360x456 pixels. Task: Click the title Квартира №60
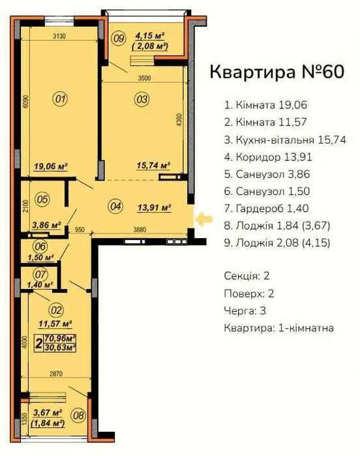[276, 72]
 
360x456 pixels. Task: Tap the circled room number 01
[60, 99]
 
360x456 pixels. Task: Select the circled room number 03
[141, 99]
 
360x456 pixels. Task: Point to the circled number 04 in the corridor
[115, 207]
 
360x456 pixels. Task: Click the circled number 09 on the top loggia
[118, 38]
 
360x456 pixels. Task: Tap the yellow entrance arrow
[203, 220]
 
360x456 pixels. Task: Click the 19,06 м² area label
[52, 166]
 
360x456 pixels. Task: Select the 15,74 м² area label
[152, 166]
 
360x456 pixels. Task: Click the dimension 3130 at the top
[61, 36]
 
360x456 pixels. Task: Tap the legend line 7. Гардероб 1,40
[266, 208]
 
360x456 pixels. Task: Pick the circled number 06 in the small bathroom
[40, 247]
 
